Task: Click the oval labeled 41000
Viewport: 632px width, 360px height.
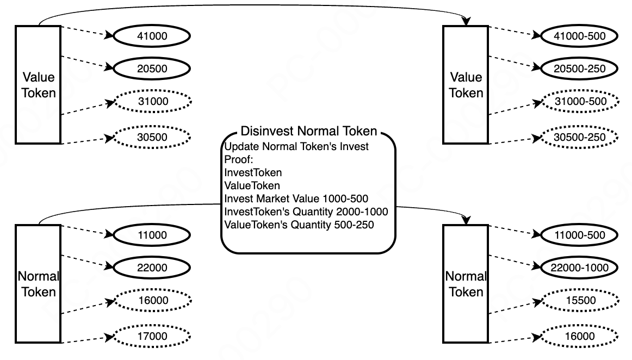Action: (152, 36)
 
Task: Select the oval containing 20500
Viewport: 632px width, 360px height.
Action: (152, 69)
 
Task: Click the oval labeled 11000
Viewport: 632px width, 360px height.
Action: (152, 235)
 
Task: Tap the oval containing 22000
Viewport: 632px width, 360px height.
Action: (152, 268)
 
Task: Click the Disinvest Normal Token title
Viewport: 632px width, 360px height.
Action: (308, 131)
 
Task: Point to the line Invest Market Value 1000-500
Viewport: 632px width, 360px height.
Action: (296, 198)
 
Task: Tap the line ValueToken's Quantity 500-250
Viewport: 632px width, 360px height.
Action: (299, 225)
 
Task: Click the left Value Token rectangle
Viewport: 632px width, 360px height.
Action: (38, 85)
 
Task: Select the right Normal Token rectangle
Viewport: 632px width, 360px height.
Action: (466, 284)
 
